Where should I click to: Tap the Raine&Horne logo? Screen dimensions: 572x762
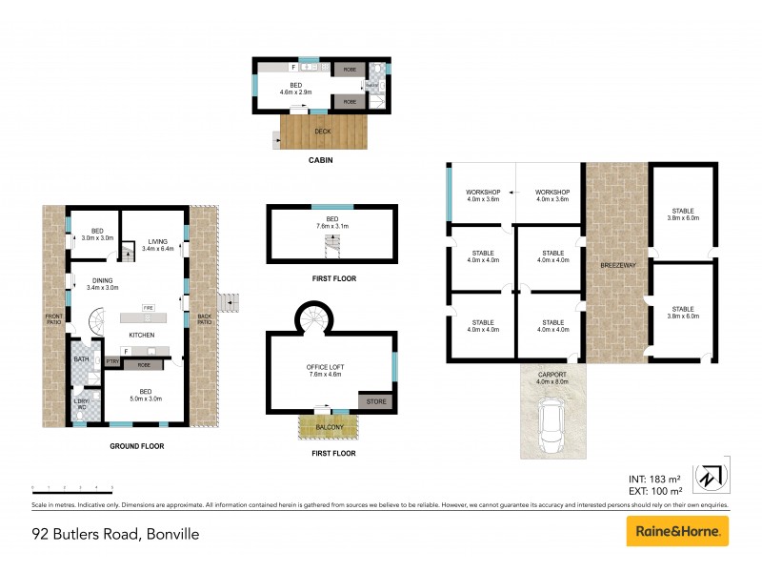[677, 532]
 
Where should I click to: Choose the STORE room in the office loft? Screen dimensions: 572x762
[376, 402]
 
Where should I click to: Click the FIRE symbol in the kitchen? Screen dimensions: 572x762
[148, 309]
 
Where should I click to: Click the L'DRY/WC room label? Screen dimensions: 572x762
[81, 405]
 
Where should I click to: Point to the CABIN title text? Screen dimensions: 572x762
[320, 161]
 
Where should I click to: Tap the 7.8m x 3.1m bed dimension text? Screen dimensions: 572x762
[331, 227]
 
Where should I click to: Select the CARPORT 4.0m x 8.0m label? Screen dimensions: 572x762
[553, 378]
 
